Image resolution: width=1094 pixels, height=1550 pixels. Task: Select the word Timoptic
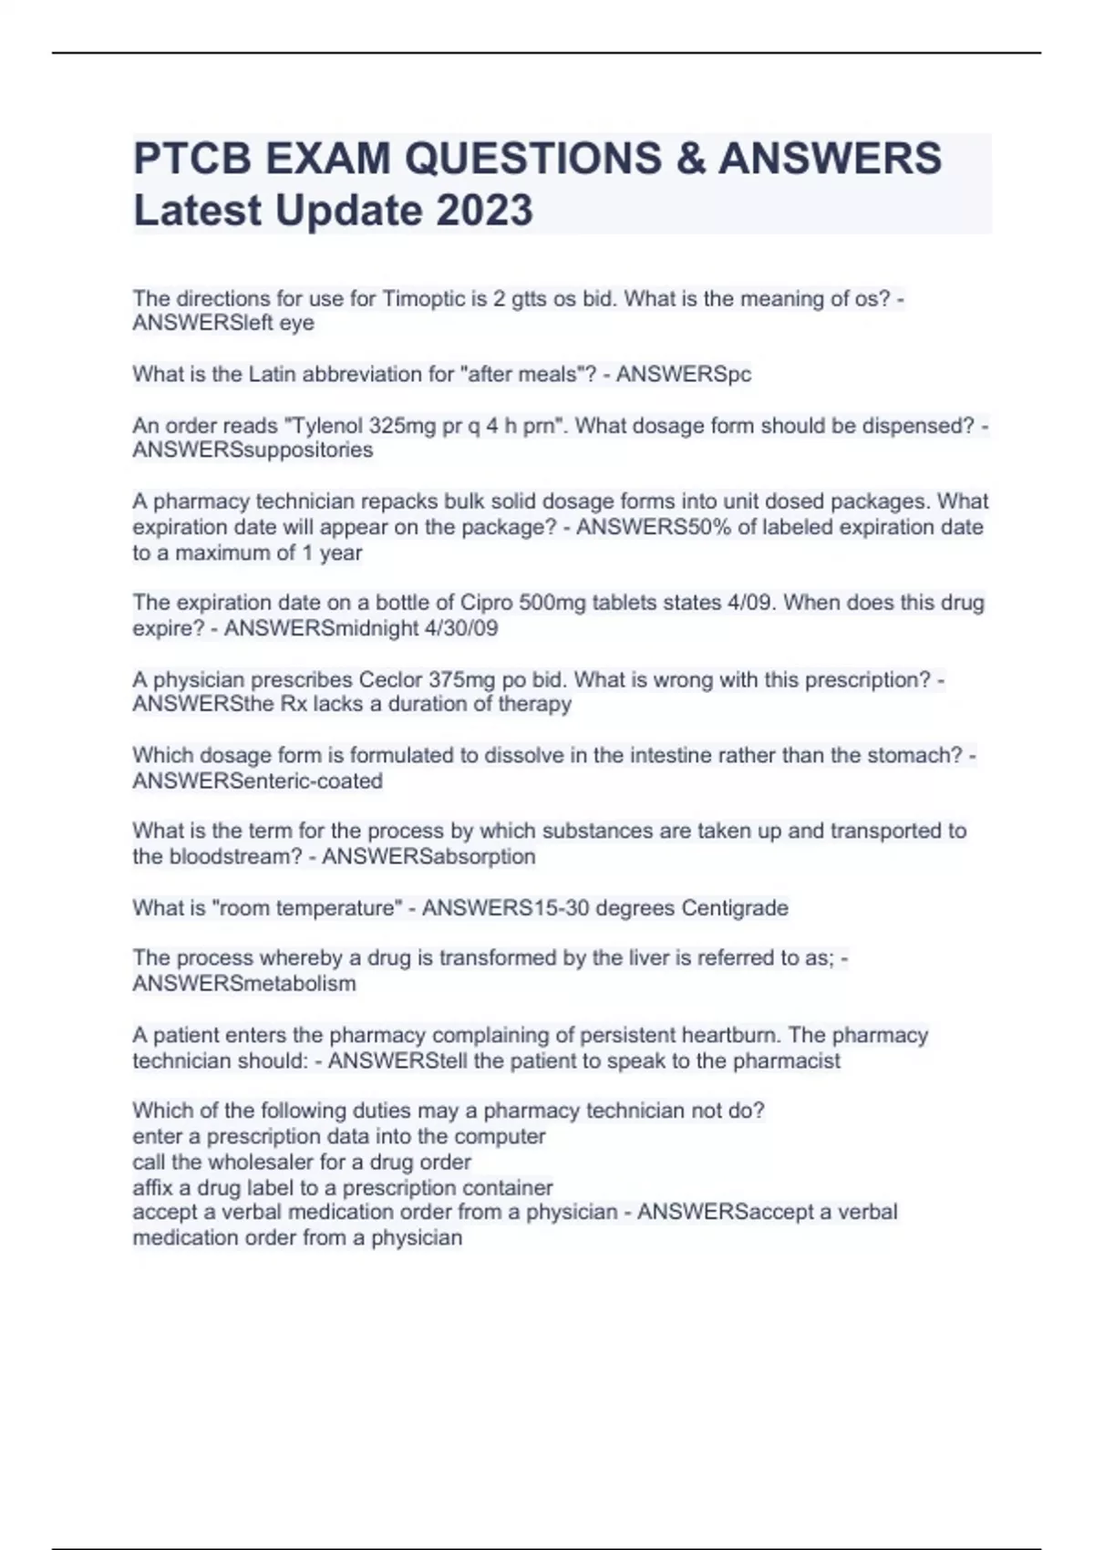coord(423,299)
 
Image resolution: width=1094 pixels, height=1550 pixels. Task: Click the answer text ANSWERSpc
coord(684,375)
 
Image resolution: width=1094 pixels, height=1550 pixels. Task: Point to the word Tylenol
coord(325,426)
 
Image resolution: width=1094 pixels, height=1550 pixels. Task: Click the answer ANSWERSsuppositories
coord(253,450)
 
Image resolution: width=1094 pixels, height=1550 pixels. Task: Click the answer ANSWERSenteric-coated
coord(257,781)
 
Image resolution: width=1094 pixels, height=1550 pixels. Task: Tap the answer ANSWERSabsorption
coord(428,857)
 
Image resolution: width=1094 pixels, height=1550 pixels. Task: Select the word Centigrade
coord(735,908)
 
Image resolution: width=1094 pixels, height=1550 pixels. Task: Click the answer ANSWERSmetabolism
coord(244,984)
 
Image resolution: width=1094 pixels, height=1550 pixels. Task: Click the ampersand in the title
coord(690,159)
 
